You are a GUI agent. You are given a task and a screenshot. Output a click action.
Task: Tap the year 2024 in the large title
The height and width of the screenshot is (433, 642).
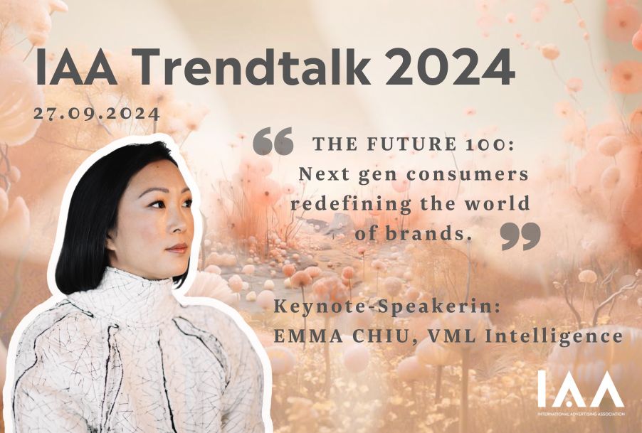click(450, 66)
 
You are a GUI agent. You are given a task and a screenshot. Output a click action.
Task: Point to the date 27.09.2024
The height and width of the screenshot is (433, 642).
click(97, 113)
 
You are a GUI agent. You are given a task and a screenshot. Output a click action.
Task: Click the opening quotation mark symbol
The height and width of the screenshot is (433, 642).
click(273, 141)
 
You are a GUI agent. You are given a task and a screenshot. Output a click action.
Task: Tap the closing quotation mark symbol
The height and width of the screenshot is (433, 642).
click(520, 236)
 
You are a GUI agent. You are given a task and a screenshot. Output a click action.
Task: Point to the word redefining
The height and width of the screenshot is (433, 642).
click(352, 204)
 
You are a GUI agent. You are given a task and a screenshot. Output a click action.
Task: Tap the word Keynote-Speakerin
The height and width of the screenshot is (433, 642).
click(387, 306)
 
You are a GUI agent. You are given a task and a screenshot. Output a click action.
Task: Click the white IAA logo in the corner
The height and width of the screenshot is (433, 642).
click(581, 389)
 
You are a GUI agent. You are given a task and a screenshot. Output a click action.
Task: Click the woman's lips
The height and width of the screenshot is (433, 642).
click(177, 247)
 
